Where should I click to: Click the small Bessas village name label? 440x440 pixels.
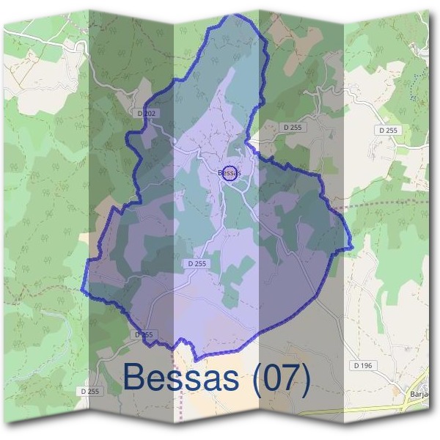[230, 173]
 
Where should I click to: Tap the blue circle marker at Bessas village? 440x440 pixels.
[230, 174]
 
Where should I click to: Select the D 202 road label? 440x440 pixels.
[147, 114]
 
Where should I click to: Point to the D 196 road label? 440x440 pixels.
[362, 365]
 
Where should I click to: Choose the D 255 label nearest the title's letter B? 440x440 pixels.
[91, 392]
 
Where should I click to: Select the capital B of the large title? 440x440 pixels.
[136, 378]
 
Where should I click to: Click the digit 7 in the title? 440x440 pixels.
[291, 378]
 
